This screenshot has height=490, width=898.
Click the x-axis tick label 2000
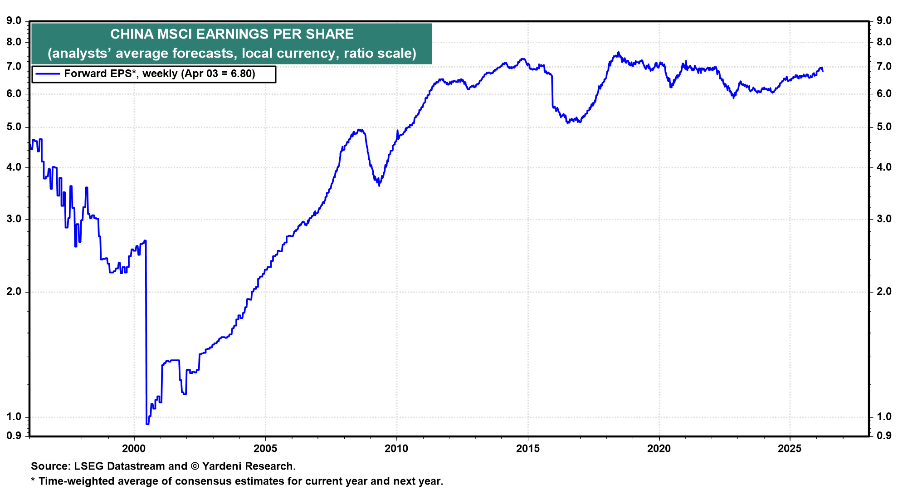[x=134, y=449]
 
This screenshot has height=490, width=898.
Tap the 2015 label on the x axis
[x=528, y=449]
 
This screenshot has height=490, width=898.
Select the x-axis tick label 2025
[x=790, y=449]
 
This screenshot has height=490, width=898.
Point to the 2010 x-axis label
[x=396, y=449]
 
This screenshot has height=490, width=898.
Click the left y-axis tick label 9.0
[x=14, y=20]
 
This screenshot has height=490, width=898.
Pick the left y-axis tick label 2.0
[x=14, y=291]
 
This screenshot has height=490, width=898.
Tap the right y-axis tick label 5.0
[x=884, y=127]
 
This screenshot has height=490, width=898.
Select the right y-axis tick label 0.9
[x=884, y=436]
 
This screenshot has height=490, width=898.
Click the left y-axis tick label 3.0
[x=14, y=219]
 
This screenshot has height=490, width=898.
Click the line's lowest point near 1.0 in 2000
[x=147, y=424]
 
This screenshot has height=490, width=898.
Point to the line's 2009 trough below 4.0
[x=379, y=185]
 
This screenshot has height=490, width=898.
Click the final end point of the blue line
[x=823, y=71]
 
